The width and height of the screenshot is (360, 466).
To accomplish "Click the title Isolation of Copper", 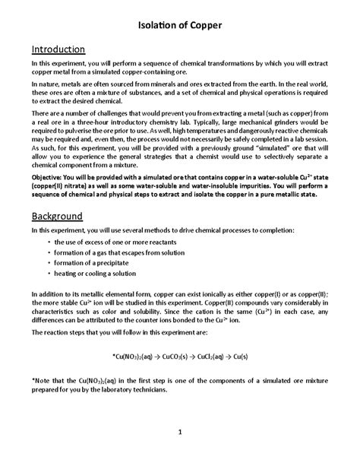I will (179, 26).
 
